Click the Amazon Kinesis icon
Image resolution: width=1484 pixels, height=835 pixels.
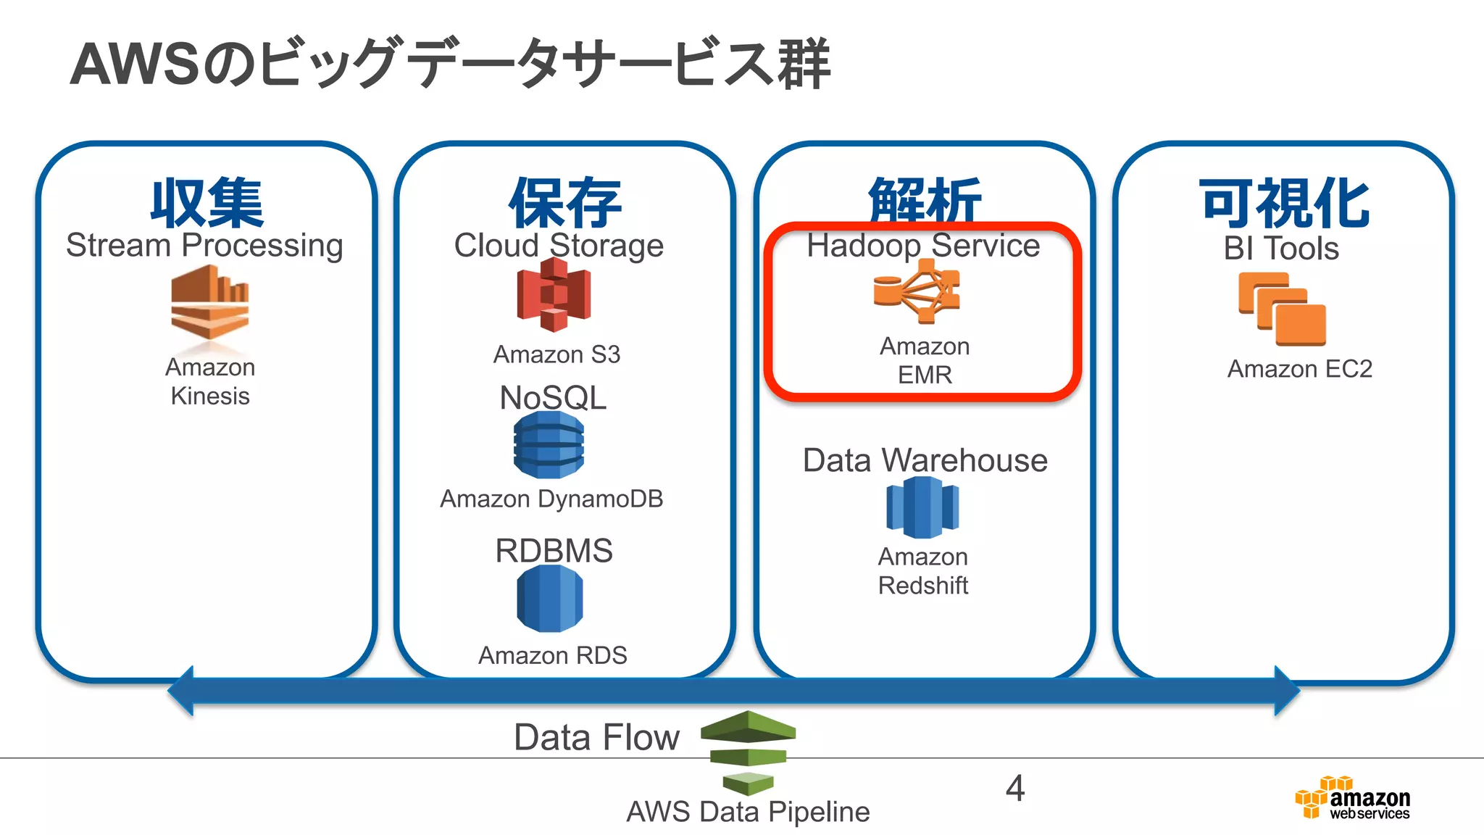[210, 302]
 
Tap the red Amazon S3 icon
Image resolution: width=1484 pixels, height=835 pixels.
[554, 295]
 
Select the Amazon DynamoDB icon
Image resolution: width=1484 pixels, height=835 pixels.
[549, 444]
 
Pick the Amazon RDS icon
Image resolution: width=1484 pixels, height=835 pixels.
[549, 599]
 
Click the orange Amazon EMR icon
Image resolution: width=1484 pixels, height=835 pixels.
[917, 291]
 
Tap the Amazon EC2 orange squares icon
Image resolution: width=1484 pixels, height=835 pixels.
[1282, 310]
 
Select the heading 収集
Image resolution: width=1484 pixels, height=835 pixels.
[207, 203]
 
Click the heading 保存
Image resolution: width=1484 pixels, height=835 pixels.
[565, 203]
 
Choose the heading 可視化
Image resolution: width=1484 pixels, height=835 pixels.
[1284, 203]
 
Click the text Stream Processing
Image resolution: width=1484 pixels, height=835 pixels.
[204, 246]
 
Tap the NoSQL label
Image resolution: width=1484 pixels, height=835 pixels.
[553, 397]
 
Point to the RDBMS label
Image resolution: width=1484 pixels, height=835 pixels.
[554, 551]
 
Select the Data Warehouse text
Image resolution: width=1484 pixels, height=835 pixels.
[925, 460]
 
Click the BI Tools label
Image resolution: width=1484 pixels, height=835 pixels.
[1281, 249]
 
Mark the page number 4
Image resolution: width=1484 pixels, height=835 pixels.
[1015, 788]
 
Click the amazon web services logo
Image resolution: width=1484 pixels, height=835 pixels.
[1352, 799]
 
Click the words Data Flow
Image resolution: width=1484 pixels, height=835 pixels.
[596, 737]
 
